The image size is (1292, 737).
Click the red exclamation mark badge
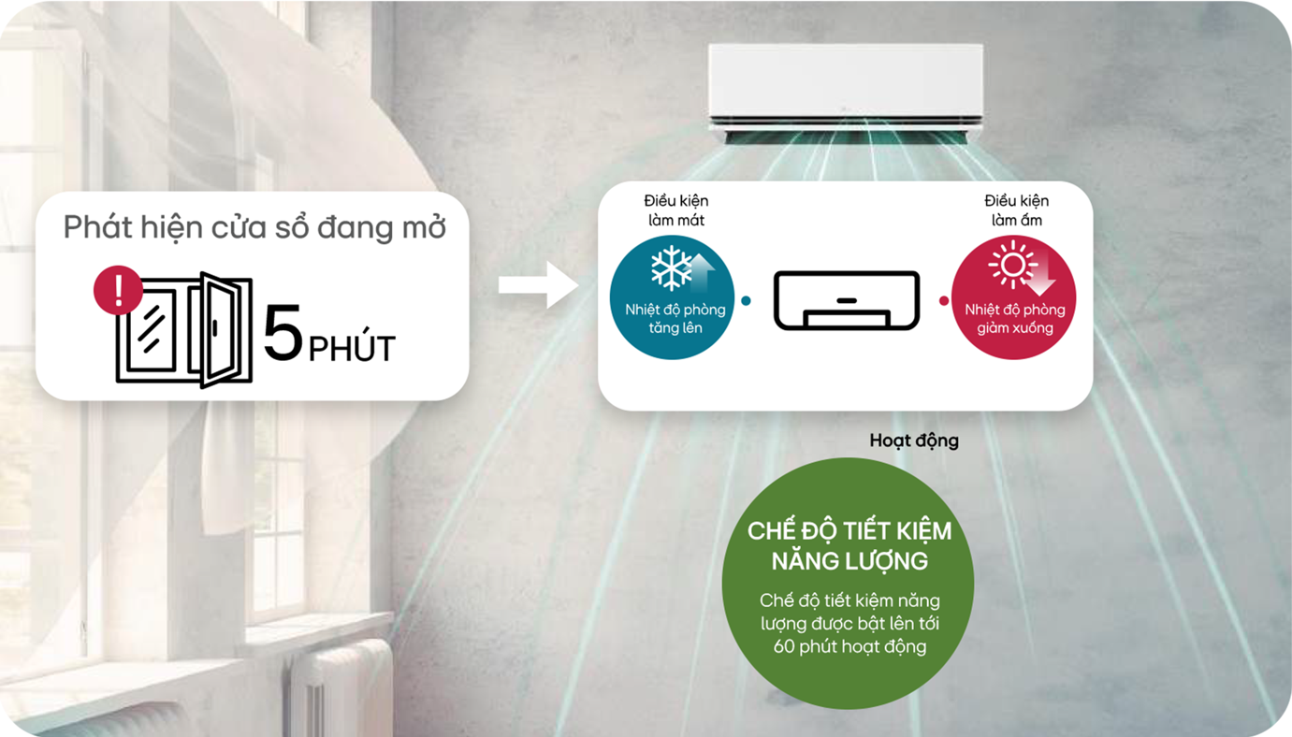click(x=118, y=290)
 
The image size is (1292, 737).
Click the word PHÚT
click(x=352, y=349)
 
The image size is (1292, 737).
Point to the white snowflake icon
click(x=671, y=269)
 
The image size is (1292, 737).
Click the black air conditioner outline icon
click(x=847, y=299)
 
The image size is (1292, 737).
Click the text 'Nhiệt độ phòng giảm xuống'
click(x=1014, y=319)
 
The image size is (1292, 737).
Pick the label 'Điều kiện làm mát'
click(x=675, y=210)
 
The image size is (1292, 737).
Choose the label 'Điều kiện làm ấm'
click(x=1016, y=210)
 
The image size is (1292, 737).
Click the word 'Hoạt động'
click(x=913, y=441)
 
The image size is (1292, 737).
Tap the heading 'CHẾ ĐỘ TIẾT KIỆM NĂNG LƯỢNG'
click(x=849, y=545)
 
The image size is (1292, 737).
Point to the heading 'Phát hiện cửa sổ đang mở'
click(x=254, y=227)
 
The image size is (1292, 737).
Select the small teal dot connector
click(x=746, y=301)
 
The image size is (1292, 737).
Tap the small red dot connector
click(x=943, y=301)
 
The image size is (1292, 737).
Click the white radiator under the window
click(x=337, y=687)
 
